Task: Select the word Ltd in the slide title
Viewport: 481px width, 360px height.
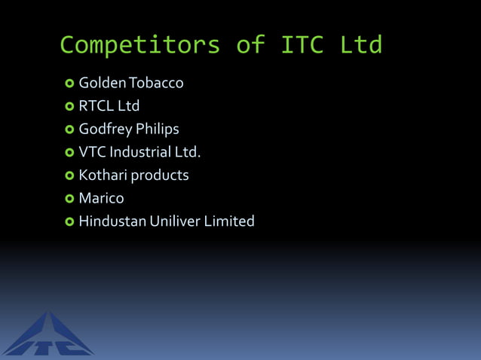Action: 360,44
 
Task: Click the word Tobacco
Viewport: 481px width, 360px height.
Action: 158,83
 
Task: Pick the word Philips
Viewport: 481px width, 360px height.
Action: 160,130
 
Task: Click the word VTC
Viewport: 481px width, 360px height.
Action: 92,152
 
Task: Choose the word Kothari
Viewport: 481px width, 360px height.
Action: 103,175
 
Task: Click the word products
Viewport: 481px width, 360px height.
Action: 161,176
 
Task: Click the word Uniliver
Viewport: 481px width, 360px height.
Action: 179,221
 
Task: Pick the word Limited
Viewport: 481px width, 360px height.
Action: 231,221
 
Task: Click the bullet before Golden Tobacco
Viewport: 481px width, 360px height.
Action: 69,83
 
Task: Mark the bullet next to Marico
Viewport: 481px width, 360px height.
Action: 69,199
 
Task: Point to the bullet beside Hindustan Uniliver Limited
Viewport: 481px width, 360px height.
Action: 69,222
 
